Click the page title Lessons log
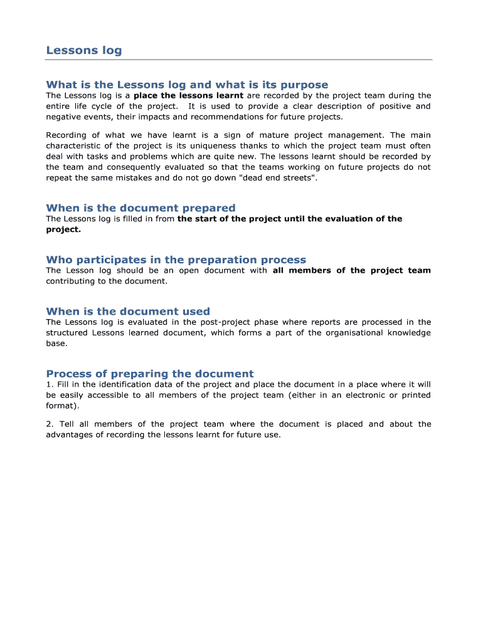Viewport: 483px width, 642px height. pyautogui.click(x=84, y=50)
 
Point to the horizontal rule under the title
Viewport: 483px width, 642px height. pyautogui.click(x=238, y=60)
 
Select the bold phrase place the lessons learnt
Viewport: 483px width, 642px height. pyautogui.click(x=188, y=96)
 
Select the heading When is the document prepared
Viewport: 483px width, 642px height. pyautogui.click(x=141, y=208)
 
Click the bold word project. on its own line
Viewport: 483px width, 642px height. pyautogui.click(x=63, y=229)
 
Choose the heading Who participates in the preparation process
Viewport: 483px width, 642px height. pyautogui.click(x=176, y=260)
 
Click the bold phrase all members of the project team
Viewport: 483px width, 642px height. pyautogui.click(x=351, y=271)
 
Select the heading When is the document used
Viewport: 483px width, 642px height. pyautogui.click(x=128, y=311)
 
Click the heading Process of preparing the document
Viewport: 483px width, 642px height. pyautogui.click(x=150, y=373)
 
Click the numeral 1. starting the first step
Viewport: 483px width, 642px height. pyautogui.click(x=50, y=384)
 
